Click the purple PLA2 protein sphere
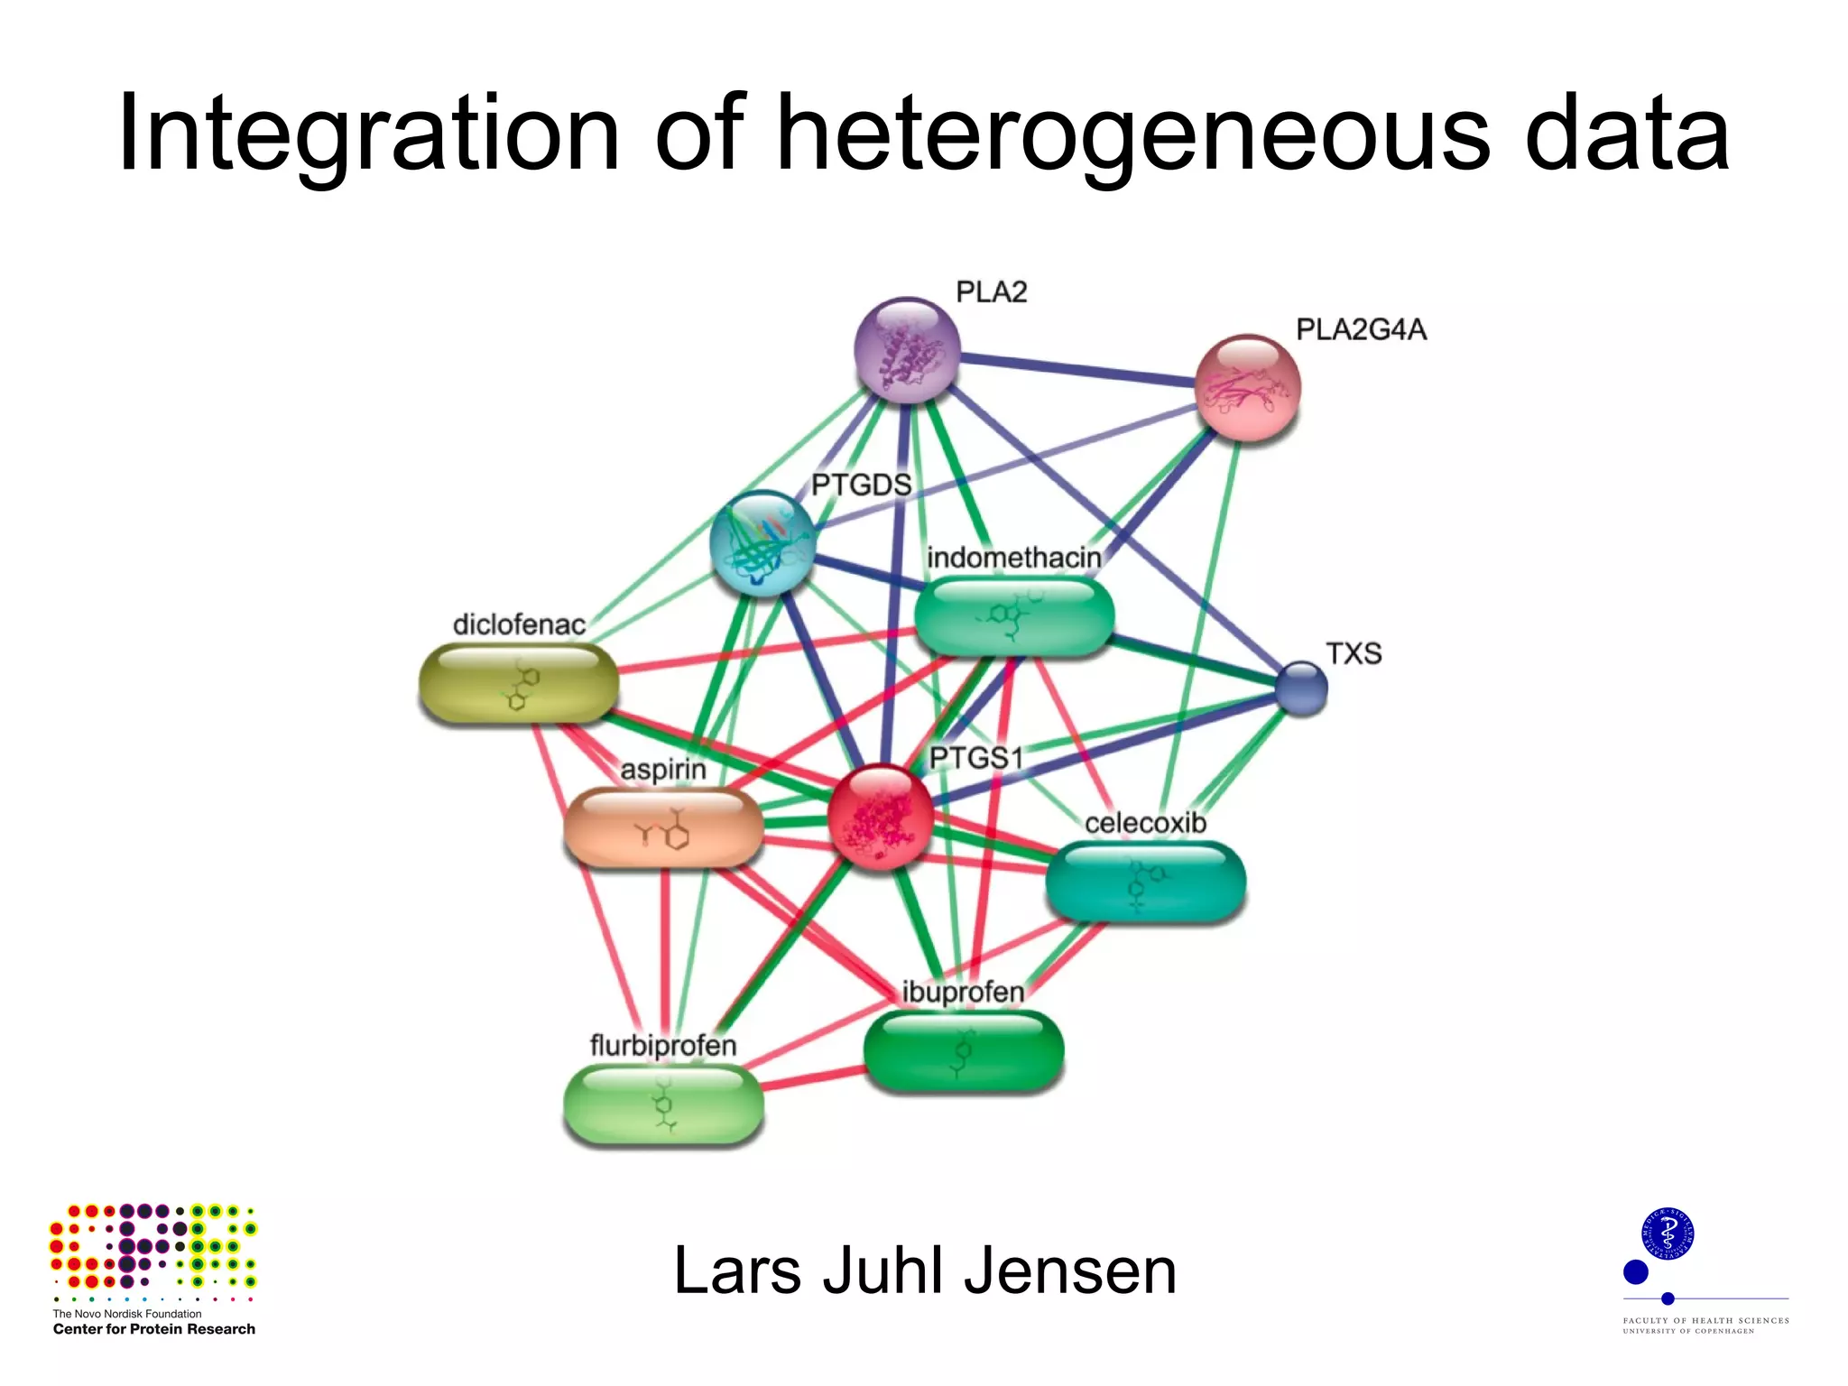coord(906,350)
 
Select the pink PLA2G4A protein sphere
coord(1247,388)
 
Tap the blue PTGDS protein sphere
coord(762,543)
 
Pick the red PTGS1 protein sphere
coord(880,817)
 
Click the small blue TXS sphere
coord(1301,688)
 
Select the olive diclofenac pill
coord(519,684)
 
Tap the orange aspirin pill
coord(663,828)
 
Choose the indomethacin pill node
coord(1014,616)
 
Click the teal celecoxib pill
coord(1145,882)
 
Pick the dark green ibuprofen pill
coord(964,1051)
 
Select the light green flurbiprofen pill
coord(663,1104)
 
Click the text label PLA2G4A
coord(1361,330)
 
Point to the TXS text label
coord(1354,653)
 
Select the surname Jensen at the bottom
coord(1070,1270)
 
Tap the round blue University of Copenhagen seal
coord(1668,1234)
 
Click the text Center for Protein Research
coord(153,1329)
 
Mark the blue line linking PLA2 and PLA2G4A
coord(1078,370)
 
